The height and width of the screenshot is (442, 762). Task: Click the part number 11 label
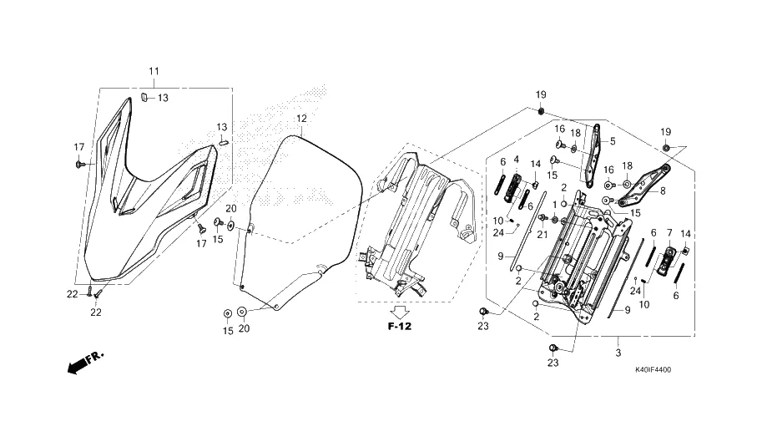[x=154, y=71]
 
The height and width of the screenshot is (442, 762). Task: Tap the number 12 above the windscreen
[x=301, y=119]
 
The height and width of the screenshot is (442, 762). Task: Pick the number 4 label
[x=516, y=159]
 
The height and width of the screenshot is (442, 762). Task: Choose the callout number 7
[x=669, y=232]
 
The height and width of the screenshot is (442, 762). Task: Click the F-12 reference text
[x=399, y=325]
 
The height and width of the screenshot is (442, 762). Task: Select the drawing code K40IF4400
[x=653, y=369]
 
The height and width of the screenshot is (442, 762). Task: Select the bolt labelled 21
[x=542, y=219]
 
